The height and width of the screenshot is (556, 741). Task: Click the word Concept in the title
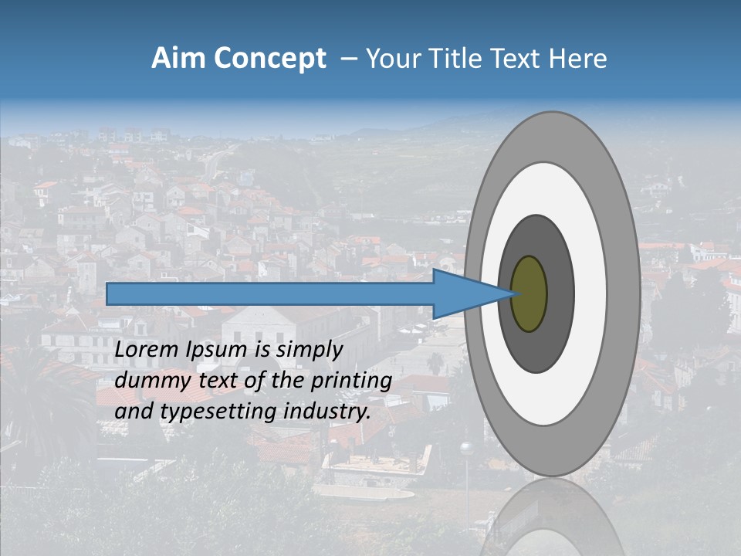pos(270,59)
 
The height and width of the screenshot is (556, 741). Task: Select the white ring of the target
pos(590,293)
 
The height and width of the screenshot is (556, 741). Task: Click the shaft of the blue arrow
pos(270,294)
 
